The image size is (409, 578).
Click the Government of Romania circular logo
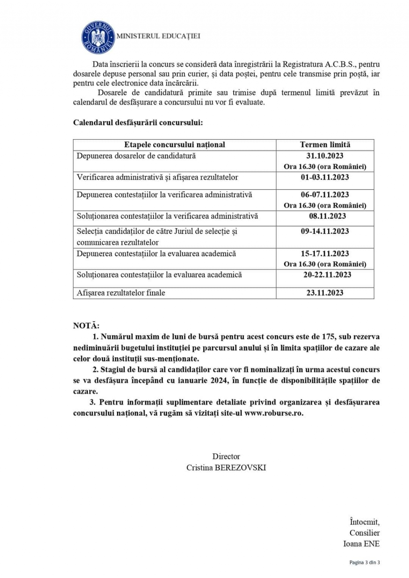[98, 37]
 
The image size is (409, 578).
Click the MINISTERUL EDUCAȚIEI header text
[158, 36]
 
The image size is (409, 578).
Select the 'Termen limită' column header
[325, 144]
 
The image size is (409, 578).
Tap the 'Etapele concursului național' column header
[175, 144]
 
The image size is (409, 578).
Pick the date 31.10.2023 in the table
[325, 156]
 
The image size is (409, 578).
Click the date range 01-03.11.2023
[325, 177]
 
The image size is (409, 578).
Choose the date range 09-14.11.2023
[325, 231]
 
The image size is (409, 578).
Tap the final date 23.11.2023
[325, 293]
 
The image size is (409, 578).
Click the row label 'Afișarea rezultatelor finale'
[121, 293]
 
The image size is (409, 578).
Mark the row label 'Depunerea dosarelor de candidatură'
[136, 156]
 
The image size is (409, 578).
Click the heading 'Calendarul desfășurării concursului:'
[138, 123]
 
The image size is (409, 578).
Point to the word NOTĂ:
[86, 326]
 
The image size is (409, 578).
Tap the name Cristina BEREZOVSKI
[226, 467]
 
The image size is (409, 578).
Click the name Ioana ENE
[361, 544]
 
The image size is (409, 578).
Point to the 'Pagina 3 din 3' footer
[364, 562]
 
